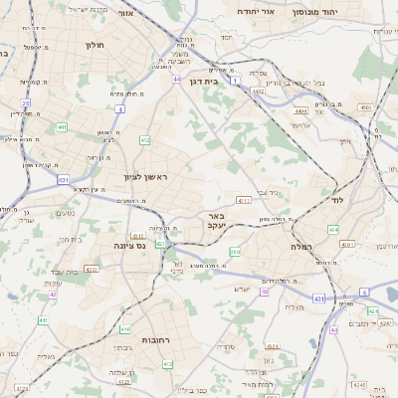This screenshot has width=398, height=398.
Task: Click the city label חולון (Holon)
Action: (x=95, y=45)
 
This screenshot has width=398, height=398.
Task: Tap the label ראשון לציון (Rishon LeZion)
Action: (x=148, y=177)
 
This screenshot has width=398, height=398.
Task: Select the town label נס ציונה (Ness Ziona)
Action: (x=126, y=244)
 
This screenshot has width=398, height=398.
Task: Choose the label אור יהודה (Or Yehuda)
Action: (x=258, y=12)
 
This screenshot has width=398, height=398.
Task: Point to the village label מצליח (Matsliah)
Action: (x=294, y=306)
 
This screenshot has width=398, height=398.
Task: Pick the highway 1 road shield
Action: (x=236, y=93)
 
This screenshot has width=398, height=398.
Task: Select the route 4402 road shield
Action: (x=259, y=92)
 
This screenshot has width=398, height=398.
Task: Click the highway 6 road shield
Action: (x=364, y=292)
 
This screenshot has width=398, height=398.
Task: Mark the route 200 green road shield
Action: (x=235, y=252)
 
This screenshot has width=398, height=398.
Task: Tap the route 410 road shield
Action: (x=125, y=328)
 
